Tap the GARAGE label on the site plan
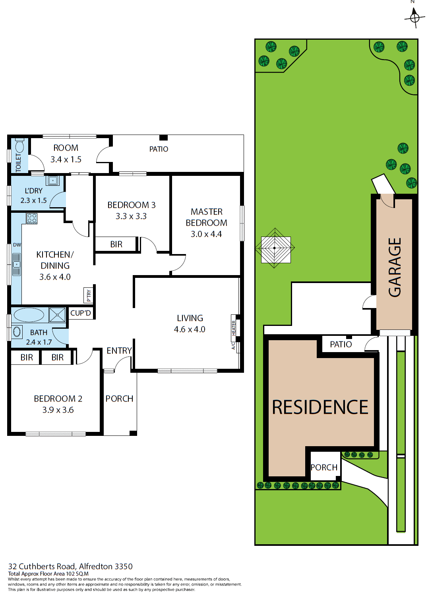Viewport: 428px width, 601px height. pos(395,267)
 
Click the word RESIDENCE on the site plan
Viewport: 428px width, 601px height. pos(320,407)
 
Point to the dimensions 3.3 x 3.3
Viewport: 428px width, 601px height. pos(131,216)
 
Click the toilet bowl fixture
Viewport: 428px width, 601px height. pos(19,146)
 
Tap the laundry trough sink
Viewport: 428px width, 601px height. pos(52,181)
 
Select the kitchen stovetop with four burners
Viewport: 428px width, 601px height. pos(32,218)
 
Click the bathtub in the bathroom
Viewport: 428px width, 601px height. pos(29,315)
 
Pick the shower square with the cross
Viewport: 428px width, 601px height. pos(57,315)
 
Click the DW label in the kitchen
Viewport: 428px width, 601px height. pos(17,245)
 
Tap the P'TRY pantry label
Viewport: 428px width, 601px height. pos(89,295)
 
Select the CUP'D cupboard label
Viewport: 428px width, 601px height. pos(81,313)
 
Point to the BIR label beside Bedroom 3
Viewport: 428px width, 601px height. pos(116,245)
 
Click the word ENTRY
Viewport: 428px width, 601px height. pos(119,351)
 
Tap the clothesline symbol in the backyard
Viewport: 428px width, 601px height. pos(275,248)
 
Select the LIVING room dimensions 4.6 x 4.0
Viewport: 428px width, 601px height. pos(190,329)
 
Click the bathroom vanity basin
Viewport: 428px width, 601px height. pos(17,331)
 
